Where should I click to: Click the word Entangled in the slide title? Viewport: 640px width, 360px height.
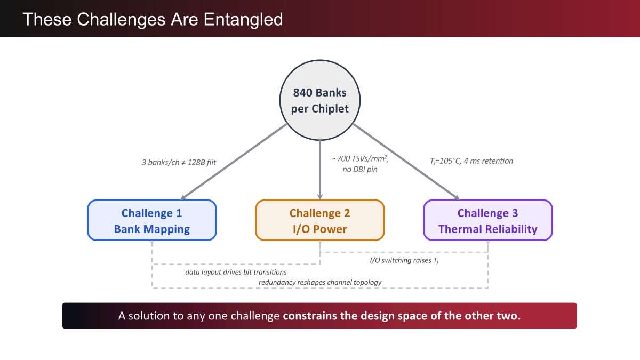tap(243, 20)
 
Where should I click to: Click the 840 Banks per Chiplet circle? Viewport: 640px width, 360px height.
tap(319, 100)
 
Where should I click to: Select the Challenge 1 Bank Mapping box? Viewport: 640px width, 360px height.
tap(152, 220)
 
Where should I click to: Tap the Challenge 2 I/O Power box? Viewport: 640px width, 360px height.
tap(319, 220)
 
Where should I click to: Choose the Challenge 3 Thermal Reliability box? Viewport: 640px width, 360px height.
tap(487, 220)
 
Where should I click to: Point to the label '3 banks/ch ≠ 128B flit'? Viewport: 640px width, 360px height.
tap(179, 162)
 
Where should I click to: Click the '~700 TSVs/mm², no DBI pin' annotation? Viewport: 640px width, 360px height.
tap(360, 164)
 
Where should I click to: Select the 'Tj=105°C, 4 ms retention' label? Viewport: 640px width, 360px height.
tap(471, 161)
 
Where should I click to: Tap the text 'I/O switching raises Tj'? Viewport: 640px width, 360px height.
tap(404, 260)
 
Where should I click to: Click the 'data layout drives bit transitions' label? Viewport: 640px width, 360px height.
tap(236, 272)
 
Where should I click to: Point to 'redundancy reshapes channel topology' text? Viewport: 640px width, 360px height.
tap(320, 282)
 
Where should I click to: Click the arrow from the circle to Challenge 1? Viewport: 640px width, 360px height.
tap(234, 162)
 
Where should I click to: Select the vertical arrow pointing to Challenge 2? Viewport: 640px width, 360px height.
tap(319, 170)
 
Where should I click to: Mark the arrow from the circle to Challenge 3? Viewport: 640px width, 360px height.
tap(406, 162)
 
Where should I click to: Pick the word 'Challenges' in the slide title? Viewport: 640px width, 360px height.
tap(121, 20)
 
